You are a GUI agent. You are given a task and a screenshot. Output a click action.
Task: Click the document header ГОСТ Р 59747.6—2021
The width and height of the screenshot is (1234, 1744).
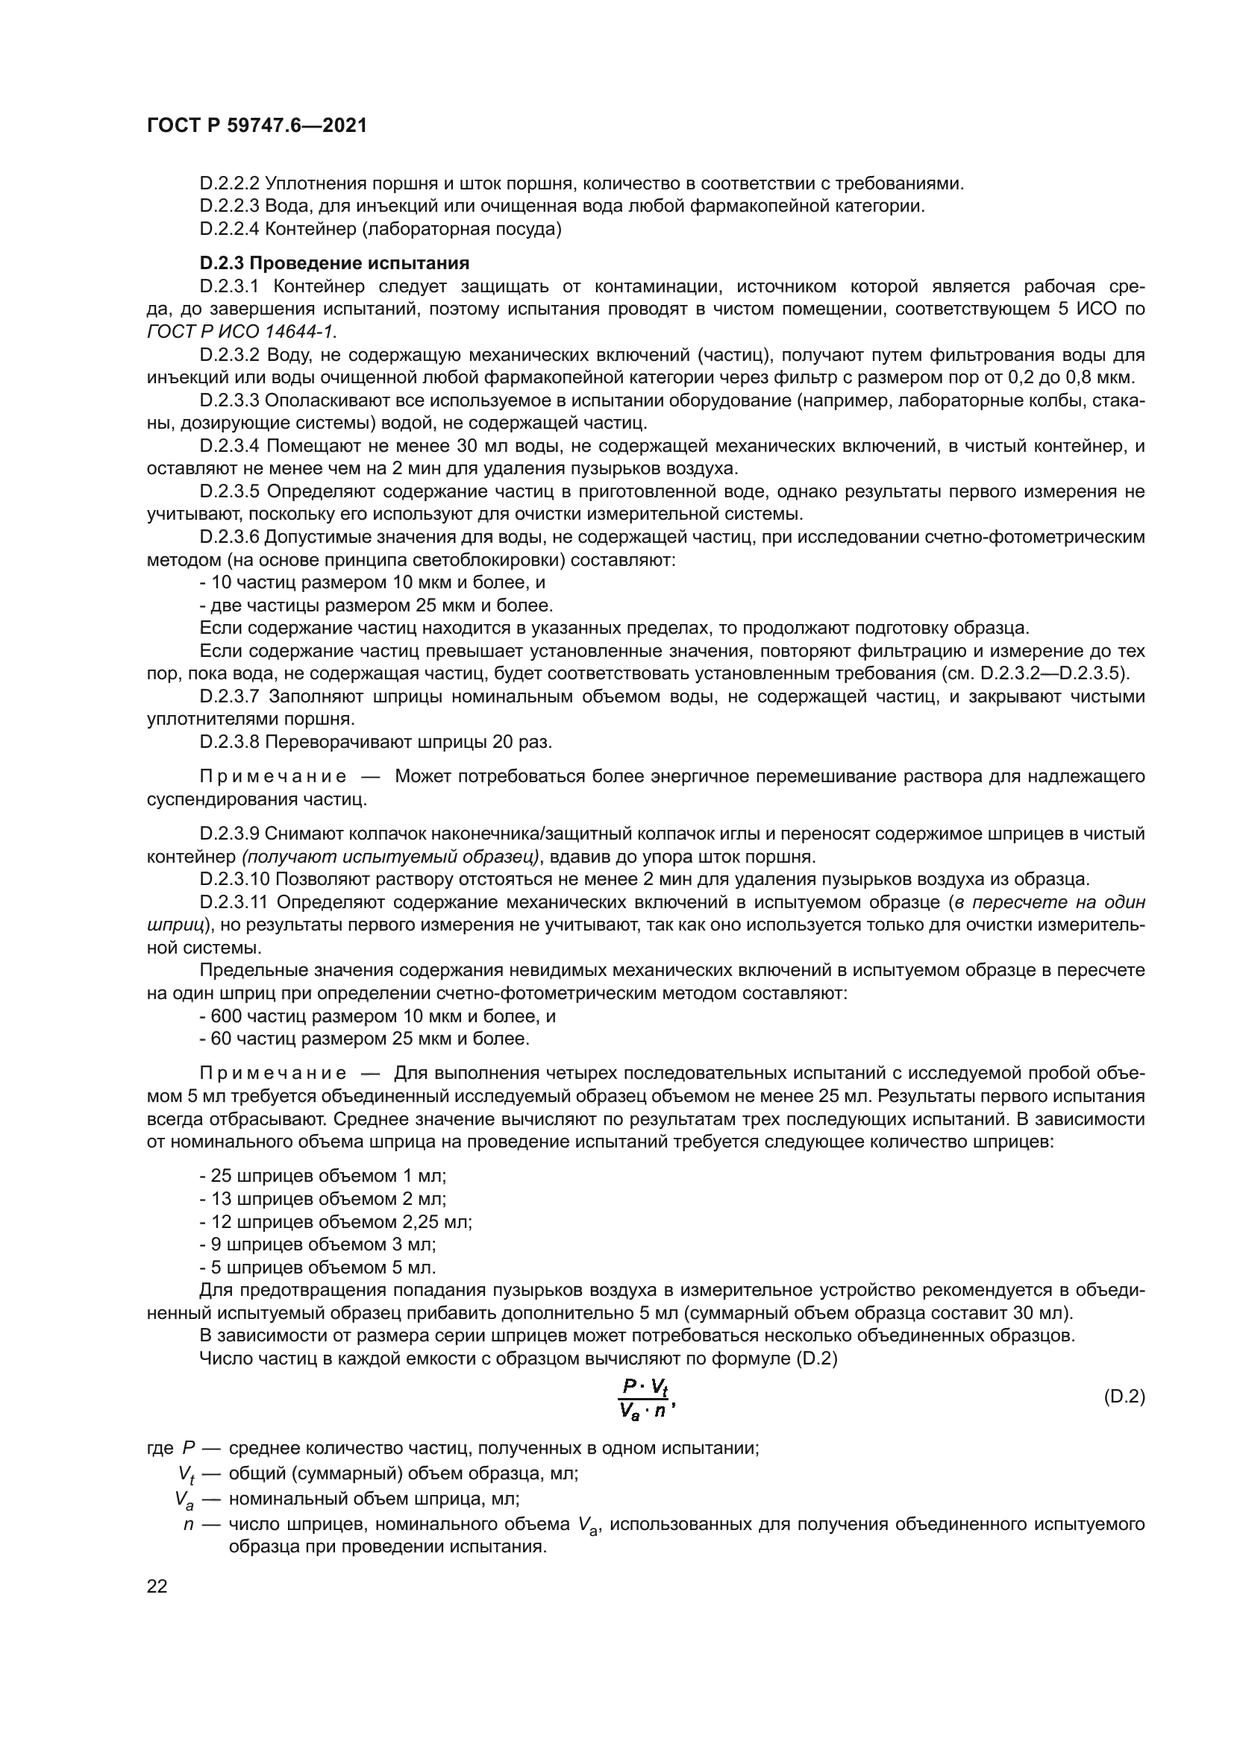coord(257,125)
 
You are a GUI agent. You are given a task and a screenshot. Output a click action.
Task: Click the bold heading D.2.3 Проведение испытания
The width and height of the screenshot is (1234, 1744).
coord(334,263)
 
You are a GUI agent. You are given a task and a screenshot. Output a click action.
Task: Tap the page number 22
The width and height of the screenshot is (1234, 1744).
coord(157,1586)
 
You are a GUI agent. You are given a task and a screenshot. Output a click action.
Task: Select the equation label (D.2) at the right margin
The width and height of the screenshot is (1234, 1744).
coord(1123,1397)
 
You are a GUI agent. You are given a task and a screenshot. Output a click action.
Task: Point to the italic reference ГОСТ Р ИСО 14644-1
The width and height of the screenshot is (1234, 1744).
coord(241,332)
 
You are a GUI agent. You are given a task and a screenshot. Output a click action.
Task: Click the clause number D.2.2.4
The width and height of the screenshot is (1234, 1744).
coord(230,229)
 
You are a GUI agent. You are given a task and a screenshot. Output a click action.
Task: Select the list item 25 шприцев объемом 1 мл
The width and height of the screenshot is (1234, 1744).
coord(323,1176)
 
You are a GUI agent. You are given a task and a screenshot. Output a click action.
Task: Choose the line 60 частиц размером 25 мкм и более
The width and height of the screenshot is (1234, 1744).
coord(365,1039)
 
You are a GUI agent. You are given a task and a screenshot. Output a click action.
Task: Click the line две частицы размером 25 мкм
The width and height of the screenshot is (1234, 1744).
coord(376,605)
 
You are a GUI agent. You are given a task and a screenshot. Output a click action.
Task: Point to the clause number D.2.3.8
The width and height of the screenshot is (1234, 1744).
coord(230,742)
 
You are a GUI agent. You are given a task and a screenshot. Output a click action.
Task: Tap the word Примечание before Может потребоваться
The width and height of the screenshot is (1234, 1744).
coord(273,776)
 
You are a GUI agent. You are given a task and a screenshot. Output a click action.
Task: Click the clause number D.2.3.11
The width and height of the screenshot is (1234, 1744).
coord(234,902)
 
